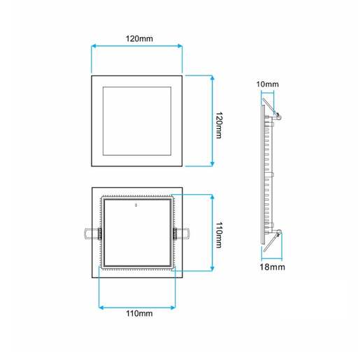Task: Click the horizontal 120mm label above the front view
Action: pos(138,38)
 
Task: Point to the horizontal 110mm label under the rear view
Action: pos(137,314)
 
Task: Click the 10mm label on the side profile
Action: pos(267,85)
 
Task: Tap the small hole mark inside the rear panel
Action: pos(136,206)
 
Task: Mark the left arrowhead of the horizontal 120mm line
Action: pos(94,47)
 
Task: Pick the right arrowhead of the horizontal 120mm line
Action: pos(180,47)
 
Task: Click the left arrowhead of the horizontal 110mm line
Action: pos(103,305)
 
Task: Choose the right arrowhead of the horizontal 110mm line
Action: pos(172,305)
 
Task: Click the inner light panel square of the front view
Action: pos(137,121)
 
